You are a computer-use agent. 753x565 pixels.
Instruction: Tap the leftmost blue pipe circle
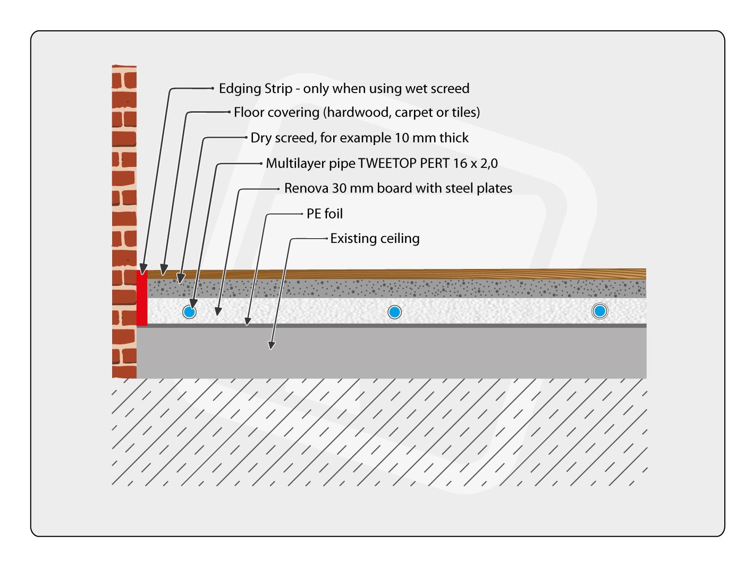pos(189,312)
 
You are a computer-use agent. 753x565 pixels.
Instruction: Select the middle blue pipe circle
pos(394,312)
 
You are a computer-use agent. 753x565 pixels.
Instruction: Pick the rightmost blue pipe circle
pos(599,311)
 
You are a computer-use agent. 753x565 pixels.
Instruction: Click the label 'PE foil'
pos(325,214)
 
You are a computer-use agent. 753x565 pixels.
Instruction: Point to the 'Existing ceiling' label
pos(375,239)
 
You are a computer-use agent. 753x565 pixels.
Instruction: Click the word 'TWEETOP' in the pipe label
pos(387,163)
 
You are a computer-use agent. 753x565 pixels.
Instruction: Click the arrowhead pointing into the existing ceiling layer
pos(272,345)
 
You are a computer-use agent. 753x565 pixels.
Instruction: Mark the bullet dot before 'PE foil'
pos(302,214)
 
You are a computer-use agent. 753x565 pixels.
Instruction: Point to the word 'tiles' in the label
pos(464,113)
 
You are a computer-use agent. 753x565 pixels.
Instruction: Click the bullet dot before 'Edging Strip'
pos(213,88)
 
